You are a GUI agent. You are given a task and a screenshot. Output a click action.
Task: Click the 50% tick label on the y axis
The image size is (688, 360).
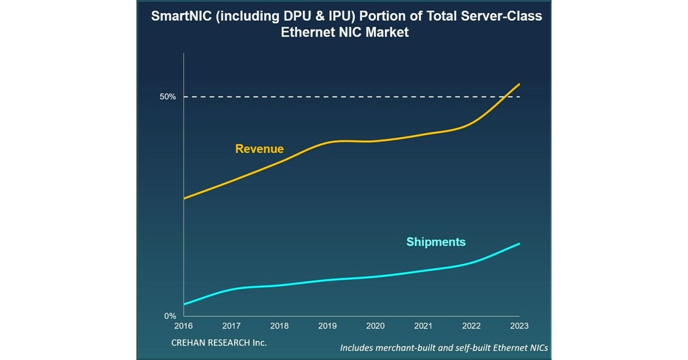(167, 97)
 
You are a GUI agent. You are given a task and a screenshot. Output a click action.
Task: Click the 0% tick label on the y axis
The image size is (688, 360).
(170, 316)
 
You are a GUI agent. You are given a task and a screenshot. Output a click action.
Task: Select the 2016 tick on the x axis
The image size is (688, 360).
(184, 326)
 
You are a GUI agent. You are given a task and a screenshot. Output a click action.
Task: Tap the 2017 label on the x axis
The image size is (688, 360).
(232, 326)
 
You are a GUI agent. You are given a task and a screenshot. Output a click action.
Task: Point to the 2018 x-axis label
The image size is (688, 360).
(279, 326)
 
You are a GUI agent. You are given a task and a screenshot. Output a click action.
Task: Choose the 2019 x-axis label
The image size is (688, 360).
(327, 326)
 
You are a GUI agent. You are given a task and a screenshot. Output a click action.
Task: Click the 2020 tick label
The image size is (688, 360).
(375, 326)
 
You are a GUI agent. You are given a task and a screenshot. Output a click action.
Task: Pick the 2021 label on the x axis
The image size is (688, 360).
(423, 326)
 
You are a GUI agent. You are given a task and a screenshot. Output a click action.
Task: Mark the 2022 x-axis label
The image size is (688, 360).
(471, 326)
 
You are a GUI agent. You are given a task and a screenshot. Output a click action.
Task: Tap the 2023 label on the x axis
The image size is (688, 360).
(519, 326)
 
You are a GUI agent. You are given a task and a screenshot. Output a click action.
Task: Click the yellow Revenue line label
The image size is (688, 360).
(259, 149)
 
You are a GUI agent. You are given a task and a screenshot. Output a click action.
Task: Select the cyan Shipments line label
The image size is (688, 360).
(435, 242)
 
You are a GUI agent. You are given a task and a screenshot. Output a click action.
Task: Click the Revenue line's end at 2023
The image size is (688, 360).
(519, 84)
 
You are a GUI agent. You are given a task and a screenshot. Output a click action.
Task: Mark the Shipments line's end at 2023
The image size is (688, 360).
(519, 244)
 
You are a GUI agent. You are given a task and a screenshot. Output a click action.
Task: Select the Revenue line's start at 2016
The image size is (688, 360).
(184, 198)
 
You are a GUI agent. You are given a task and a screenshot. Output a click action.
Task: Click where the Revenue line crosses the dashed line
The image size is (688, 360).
(502, 97)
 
